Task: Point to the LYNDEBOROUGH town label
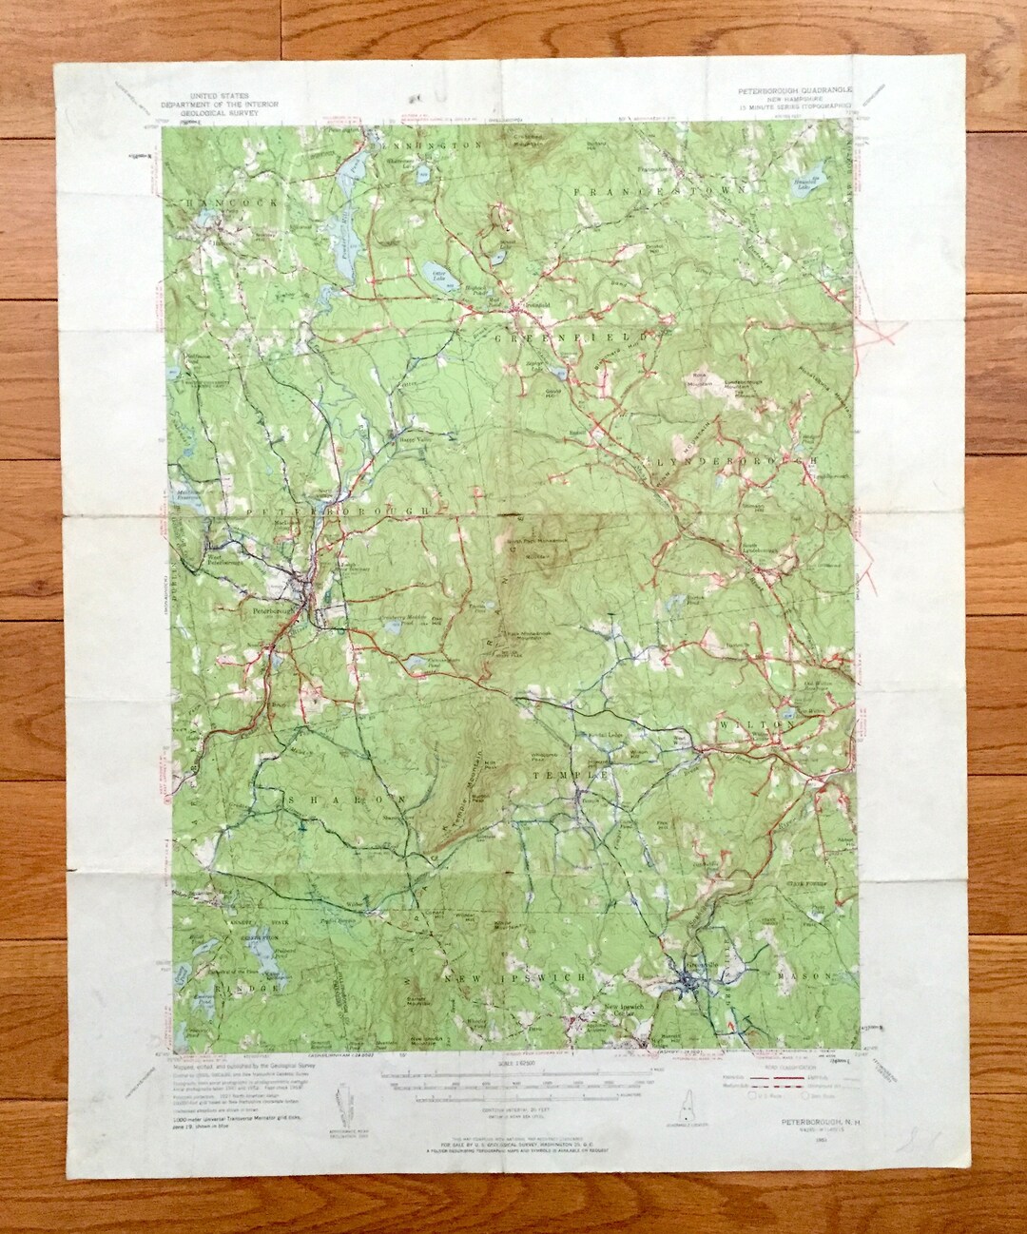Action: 736,458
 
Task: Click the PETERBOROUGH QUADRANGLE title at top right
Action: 794,90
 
